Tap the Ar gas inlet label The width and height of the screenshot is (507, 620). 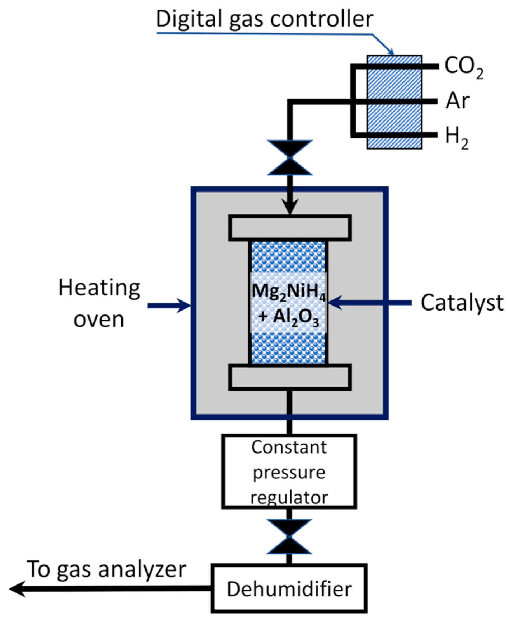pos(457,101)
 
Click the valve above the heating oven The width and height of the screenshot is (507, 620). pos(290,158)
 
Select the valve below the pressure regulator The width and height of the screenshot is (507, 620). pos(289,536)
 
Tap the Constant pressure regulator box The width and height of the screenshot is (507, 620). pos(289,472)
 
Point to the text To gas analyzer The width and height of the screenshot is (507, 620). pos(107,569)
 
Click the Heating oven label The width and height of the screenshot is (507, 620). pos(99,304)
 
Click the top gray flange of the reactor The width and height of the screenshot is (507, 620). pos(290,228)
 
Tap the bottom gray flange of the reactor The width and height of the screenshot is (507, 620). pos(290,377)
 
